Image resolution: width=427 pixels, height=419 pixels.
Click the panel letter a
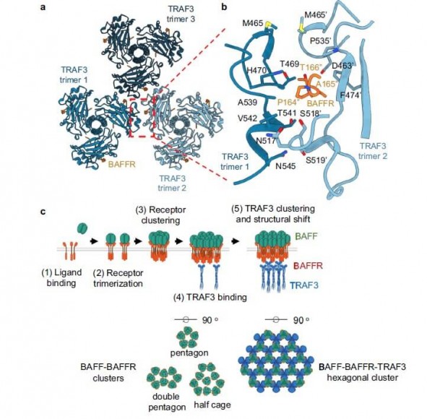[43, 7]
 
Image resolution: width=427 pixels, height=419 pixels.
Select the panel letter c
[43, 212]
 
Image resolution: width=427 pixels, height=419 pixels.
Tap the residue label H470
[256, 70]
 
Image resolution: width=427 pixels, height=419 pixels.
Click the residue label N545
[285, 166]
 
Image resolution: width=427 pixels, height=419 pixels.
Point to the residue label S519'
[316, 160]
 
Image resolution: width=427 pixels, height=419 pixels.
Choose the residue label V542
[247, 118]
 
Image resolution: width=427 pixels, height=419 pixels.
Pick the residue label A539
[247, 103]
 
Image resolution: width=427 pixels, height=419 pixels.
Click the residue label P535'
[321, 41]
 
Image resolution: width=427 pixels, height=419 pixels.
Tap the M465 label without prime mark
[254, 23]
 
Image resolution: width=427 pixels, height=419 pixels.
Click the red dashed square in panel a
[142, 118]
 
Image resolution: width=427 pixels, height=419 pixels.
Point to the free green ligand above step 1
[83, 228]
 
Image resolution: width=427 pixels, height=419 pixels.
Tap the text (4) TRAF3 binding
[210, 297]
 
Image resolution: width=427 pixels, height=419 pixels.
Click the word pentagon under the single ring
[189, 353]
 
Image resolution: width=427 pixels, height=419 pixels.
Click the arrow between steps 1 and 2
[94, 241]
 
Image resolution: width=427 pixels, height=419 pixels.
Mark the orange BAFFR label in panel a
[121, 165]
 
